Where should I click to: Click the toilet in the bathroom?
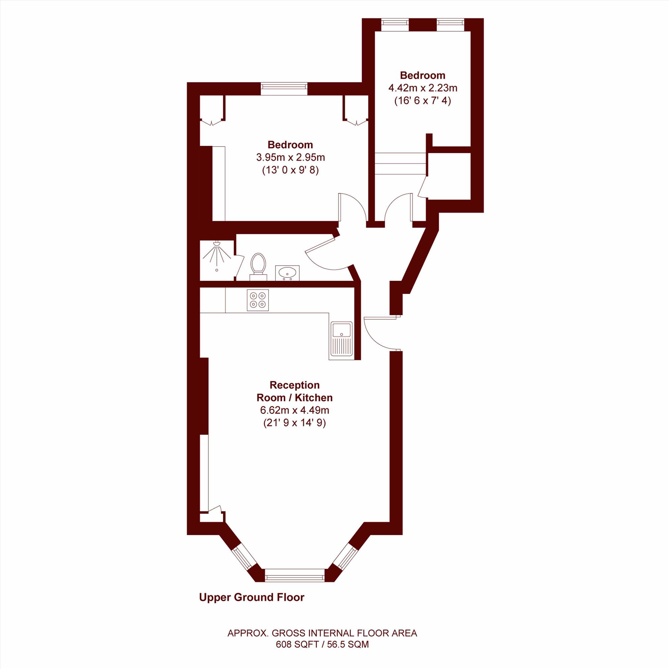point(258,266)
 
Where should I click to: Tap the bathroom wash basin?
point(287,273)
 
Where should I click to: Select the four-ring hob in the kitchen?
point(258,300)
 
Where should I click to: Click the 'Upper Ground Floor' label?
point(252,597)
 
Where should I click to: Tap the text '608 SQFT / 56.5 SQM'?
point(322,645)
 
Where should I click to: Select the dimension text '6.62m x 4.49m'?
point(294,410)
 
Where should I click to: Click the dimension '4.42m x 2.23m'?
point(423,88)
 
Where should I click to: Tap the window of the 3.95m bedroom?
point(284,88)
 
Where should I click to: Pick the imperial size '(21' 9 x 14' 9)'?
point(295,423)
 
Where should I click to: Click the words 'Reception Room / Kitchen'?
point(295,391)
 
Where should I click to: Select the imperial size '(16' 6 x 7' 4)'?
point(423,101)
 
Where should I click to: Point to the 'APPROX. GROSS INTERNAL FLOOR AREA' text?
point(322,633)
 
